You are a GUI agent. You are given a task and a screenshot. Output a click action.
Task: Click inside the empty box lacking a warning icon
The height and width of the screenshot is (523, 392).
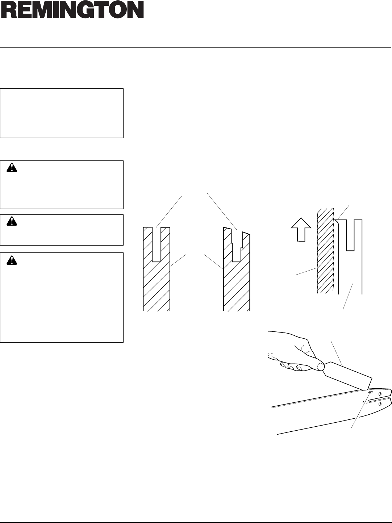click(x=62, y=113)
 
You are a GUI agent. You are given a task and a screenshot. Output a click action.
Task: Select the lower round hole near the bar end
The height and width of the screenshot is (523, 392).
click(x=380, y=403)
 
